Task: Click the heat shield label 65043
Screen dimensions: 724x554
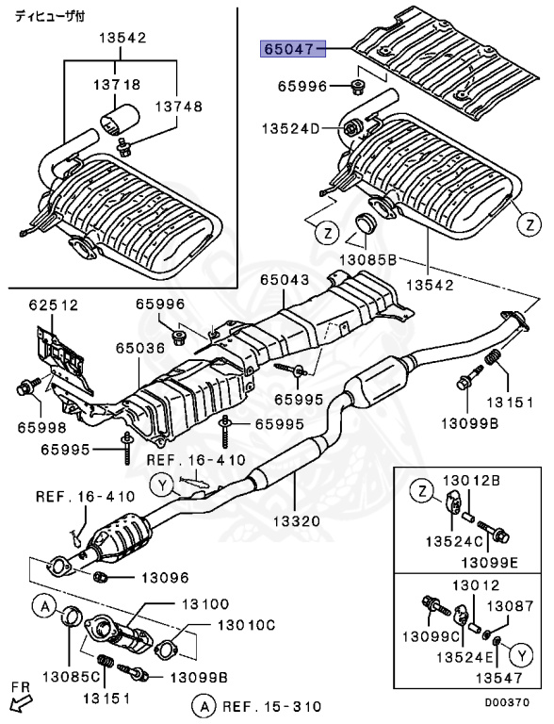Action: click(285, 280)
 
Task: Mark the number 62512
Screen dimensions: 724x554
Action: click(54, 304)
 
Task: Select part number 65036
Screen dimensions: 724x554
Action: click(140, 348)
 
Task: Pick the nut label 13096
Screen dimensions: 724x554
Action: click(166, 577)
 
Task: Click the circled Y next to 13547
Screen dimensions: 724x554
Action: click(519, 650)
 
